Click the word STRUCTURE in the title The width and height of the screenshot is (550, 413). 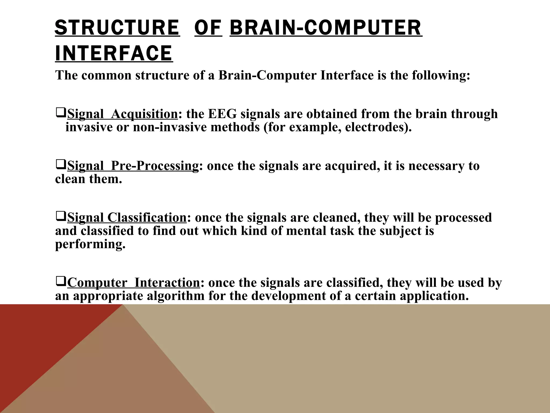tap(117, 28)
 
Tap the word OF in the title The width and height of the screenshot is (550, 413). tap(208, 28)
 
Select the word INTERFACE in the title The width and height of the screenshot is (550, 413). tap(114, 53)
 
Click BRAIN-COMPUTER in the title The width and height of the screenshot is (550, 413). tap(326, 28)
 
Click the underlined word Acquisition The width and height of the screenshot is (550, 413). tap(144, 114)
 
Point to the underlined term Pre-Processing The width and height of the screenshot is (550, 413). tap(154, 166)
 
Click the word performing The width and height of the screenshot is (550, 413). tap(90, 244)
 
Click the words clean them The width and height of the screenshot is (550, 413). tap(89, 179)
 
